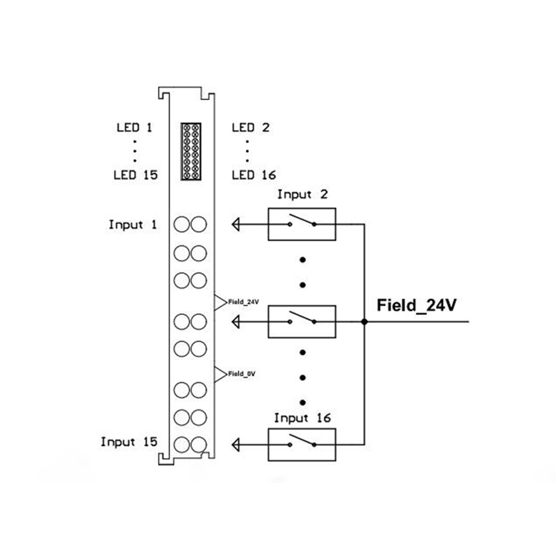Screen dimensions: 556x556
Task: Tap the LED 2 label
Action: click(x=250, y=128)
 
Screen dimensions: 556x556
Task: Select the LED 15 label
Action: click(x=136, y=175)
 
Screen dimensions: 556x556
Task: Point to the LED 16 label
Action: click(x=253, y=175)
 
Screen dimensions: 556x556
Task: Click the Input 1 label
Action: click(x=133, y=224)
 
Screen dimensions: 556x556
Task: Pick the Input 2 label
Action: click(x=302, y=195)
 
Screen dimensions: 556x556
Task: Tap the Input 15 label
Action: click(x=129, y=441)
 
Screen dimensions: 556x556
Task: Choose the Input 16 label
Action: click(x=302, y=418)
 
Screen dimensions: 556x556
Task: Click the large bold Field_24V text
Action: click(x=415, y=305)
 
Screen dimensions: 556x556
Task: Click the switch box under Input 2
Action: click(x=302, y=224)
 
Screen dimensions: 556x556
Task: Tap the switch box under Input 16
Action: click(x=302, y=443)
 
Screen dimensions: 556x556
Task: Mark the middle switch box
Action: click(x=302, y=321)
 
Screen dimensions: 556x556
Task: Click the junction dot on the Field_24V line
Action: click(x=364, y=322)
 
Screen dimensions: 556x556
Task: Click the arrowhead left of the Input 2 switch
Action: click(x=237, y=224)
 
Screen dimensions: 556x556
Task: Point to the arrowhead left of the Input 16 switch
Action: click(x=237, y=443)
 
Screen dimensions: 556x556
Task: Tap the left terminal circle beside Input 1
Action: click(x=182, y=224)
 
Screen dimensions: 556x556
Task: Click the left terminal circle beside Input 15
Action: click(x=182, y=443)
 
